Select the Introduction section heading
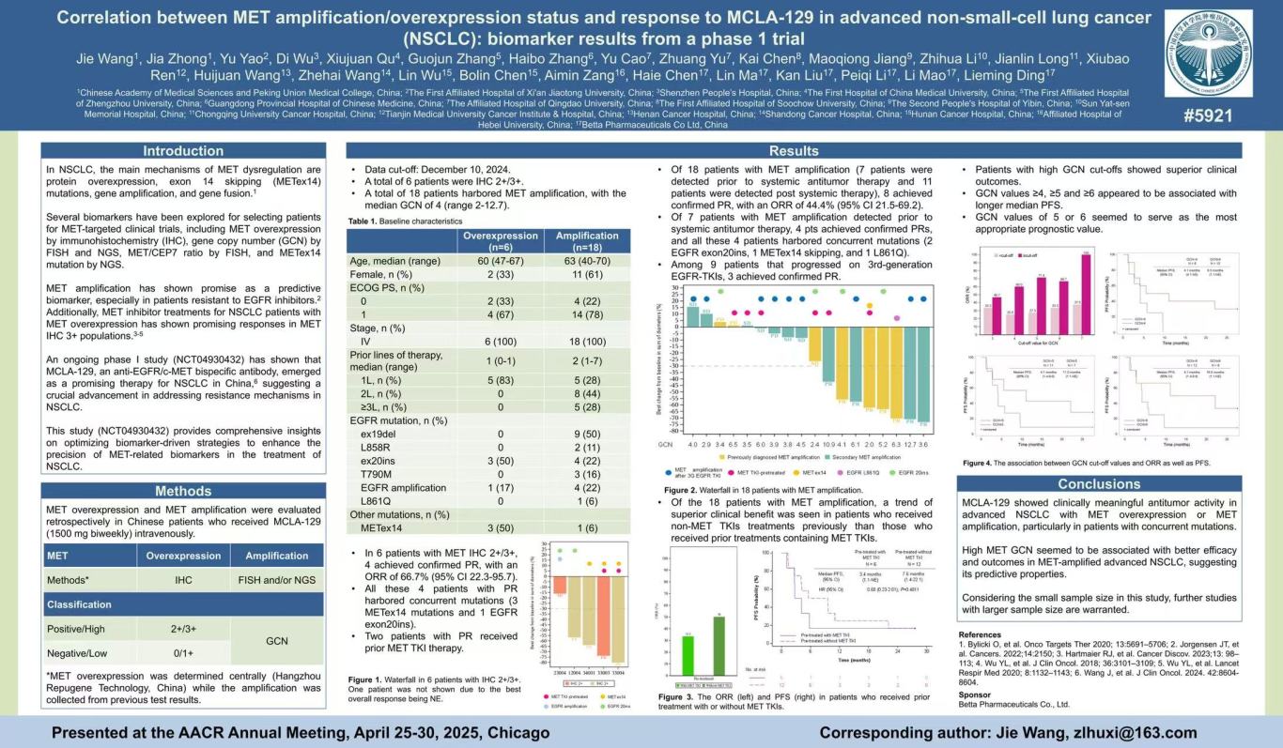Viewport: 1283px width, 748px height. tap(183, 151)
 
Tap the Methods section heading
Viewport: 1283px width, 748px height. tap(183, 491)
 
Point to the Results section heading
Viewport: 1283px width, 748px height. tap(794, 151)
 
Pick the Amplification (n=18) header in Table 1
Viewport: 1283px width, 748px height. tap(586, 240)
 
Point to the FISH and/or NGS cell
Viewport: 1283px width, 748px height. tap(276, 580)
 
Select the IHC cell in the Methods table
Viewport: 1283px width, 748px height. tap(183, 580)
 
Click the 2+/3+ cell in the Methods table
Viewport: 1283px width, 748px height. tap(183, 628)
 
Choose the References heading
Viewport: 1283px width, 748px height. tap(980, 634)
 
